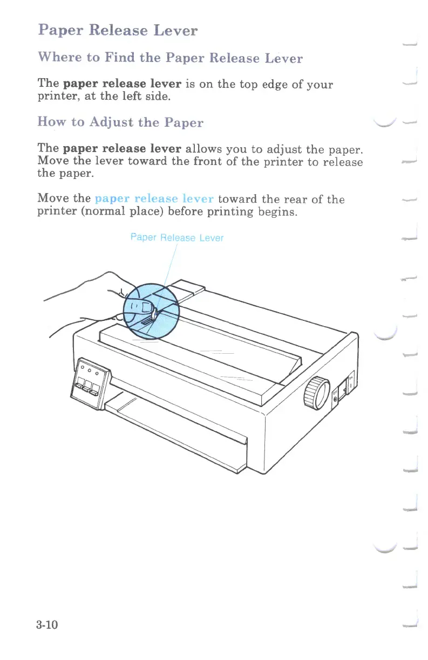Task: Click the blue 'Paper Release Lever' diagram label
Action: pos(177,238)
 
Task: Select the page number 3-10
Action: pos(47,625)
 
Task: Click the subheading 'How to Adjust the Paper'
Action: pos(120,122)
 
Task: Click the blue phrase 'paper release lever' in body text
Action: pos(155,199)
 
